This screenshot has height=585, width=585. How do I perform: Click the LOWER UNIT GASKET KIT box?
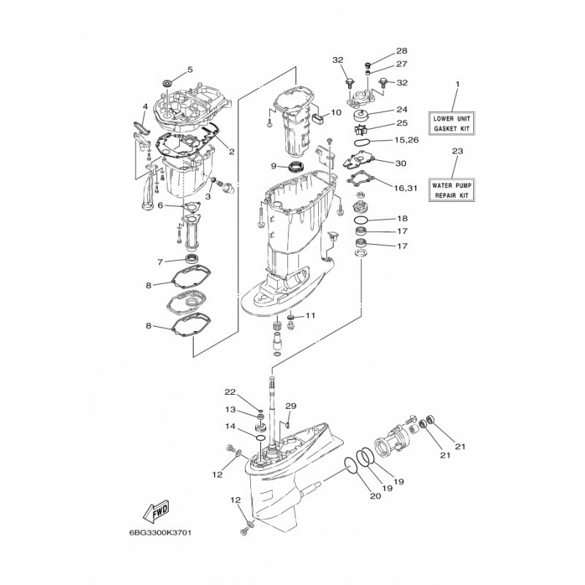click(x=451, y=124)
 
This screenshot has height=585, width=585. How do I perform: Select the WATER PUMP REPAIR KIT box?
click(x=451, y=190)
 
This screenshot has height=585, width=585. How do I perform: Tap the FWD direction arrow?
click(x=156, y=510)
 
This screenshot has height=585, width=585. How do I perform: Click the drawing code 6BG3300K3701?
click(x=155, y=532)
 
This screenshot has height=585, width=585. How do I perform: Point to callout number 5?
click(x=190, y=69)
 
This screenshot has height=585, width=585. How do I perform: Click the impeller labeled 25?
click(x=361, y=129)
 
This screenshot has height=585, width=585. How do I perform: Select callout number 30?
click(x=401, y=163)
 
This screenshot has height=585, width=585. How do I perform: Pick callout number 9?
click(x=273, y=166)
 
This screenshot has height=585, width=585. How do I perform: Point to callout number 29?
click(x=290, y=406)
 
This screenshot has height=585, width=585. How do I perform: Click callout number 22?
click(x=230, y=392)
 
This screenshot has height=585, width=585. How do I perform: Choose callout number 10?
click(x=336, y=113)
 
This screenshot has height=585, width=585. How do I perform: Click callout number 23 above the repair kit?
click(x=458, y=151)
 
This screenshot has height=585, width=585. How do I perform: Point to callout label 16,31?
click(x=406, y=188)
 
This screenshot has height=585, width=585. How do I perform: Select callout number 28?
click(x=401, y=50)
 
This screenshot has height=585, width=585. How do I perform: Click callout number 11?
click(x=310, y=316)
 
